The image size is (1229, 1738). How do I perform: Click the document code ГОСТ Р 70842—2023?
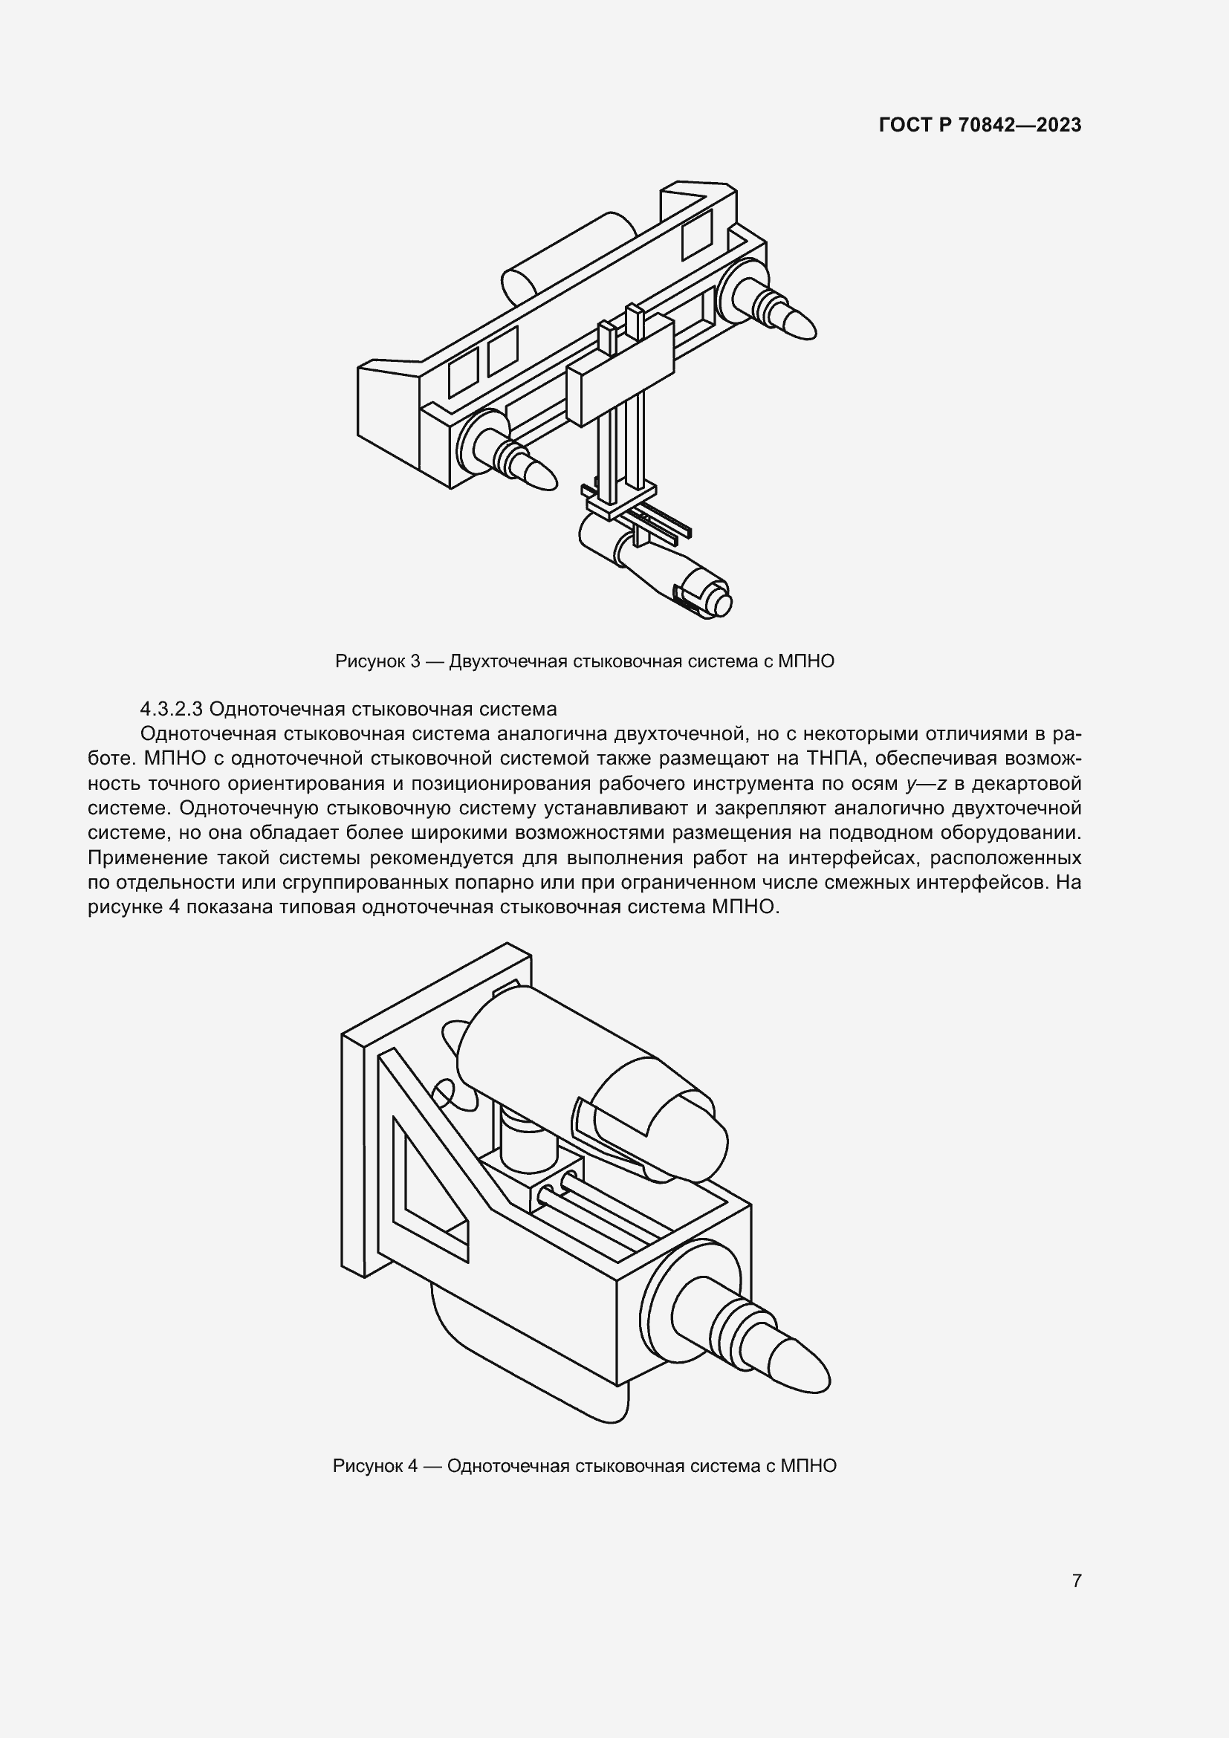[x=980, y=125]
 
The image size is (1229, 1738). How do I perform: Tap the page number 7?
[x=1076, y=1580]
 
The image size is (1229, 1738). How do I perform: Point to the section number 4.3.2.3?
[x=172, y=710]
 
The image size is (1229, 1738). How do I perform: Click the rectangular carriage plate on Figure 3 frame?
[x=620, y=371]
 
